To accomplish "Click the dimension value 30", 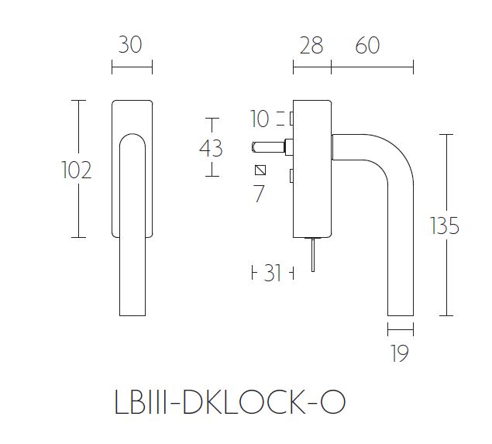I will tap(131, 46).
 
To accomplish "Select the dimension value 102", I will tap(76, 169).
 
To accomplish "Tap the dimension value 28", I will tap(310, 46).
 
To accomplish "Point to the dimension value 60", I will tap(368, 46).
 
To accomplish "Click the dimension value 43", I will tap(211, 147).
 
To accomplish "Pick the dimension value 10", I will tap(260, 119).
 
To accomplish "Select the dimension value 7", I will tap(259, 194).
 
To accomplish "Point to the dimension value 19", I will tap(399, 354).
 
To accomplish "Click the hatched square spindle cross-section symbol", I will tap(260, 170).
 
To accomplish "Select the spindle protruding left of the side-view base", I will tap(270, 145).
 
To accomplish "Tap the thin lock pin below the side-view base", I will tap(311, 255).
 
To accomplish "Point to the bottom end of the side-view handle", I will tap(400, 312).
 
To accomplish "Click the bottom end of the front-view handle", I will tap(132, 310).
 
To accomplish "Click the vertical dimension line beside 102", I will tap(77, 209).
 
